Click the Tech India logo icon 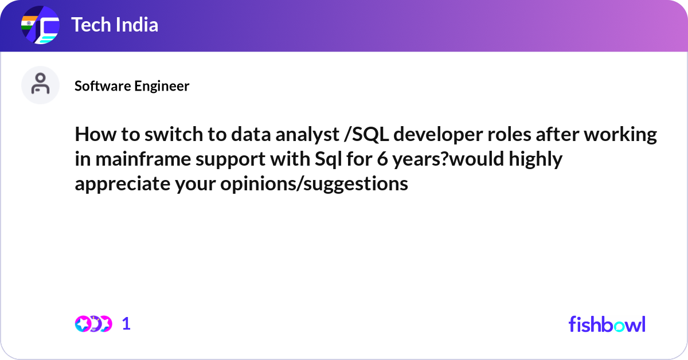(x=40, y=26)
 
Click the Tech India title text (x=114, y=25)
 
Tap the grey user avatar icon (x=40, y=85)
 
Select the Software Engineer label (x=132, y=86)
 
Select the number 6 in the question (x=381, y=159)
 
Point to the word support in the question (x=221, y=159)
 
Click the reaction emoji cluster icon (x=93, y=324)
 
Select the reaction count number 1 (x=126, y=324)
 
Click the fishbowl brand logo (x=607, y=324)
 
